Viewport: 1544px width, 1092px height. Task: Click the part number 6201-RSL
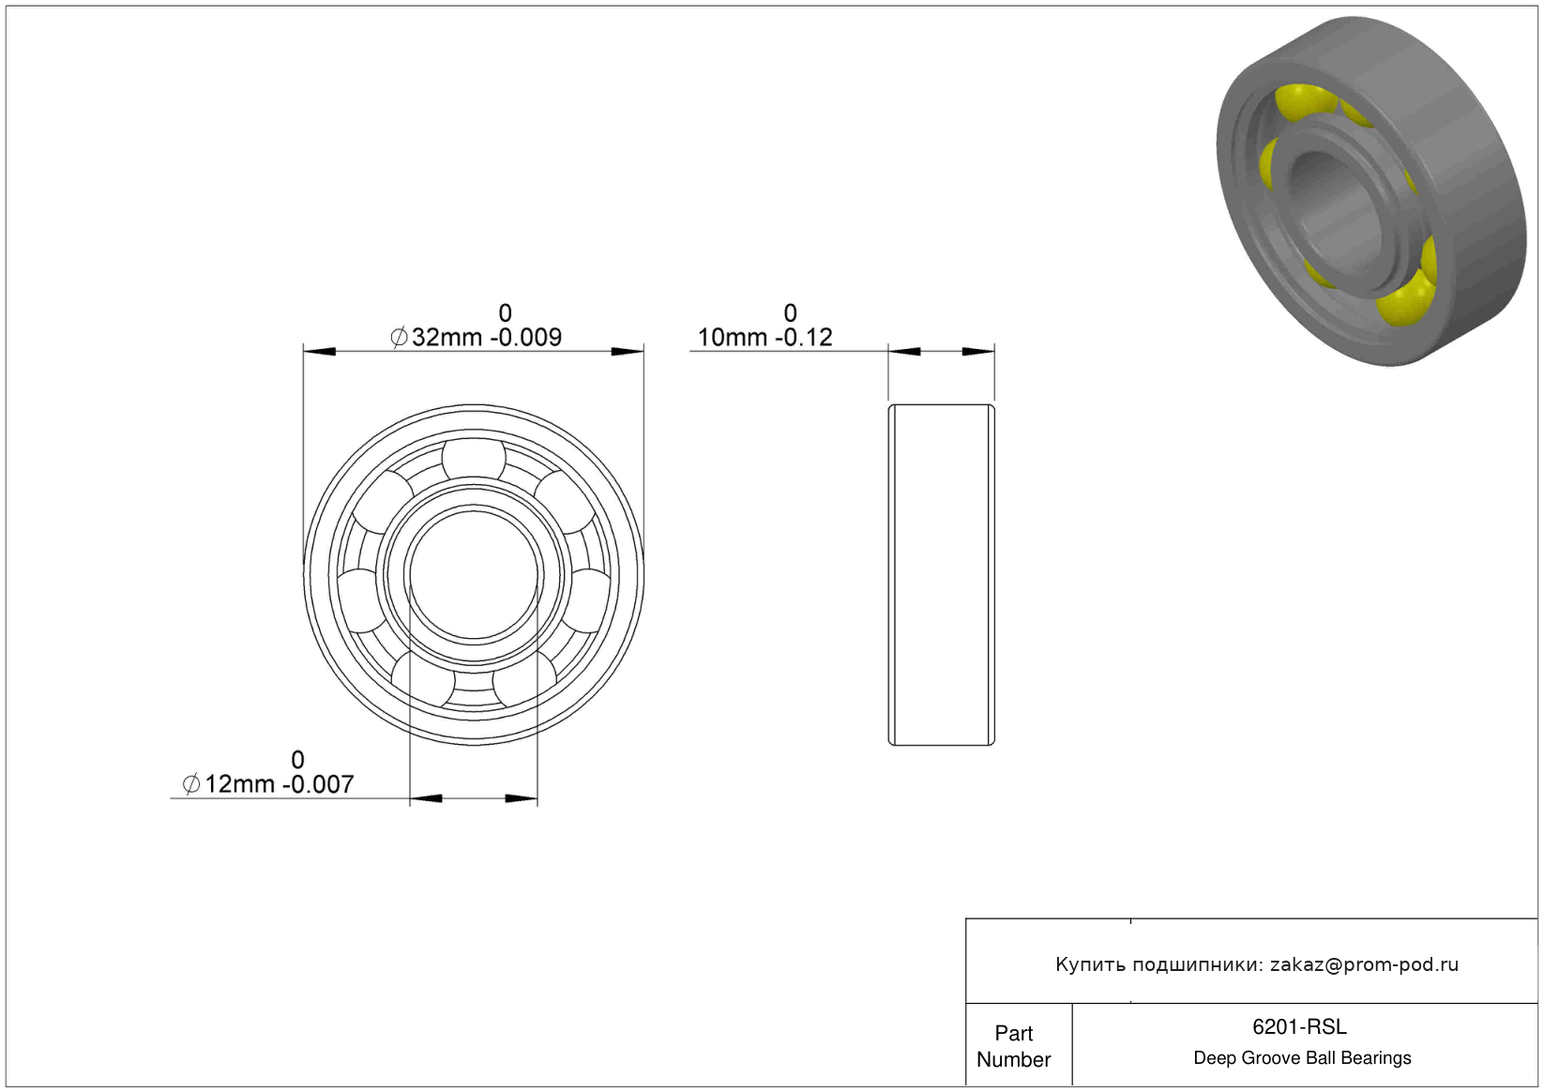click(x=1298, y=1026)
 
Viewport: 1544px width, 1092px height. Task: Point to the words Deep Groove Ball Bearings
click(x=1302, y=1057)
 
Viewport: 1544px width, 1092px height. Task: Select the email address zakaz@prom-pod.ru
click(x=1364, y=964)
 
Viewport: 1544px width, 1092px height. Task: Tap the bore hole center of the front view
click(x=474, y=575)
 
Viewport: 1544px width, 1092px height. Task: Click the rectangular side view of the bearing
click(x=941, y=575)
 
